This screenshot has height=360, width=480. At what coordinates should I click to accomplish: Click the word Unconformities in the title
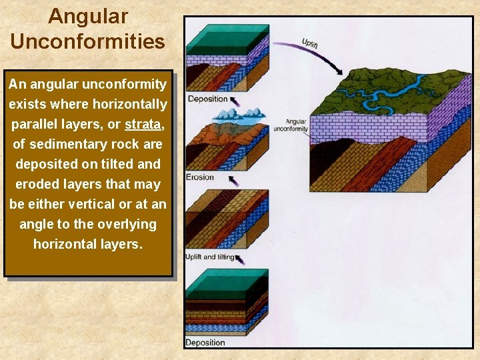[87, 41]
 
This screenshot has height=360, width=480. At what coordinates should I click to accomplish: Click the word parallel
[36, 125]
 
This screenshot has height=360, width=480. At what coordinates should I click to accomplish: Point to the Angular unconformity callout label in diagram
[296, 125]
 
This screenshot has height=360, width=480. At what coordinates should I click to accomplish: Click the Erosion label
[201, 177]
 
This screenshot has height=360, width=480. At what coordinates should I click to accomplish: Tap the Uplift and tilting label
[209, 257]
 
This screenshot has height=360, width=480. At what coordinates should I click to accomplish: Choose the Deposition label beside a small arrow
[207, 99]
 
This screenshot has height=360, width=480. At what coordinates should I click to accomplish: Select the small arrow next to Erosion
[233, 180]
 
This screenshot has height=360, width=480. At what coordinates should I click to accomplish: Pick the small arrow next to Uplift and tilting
[239, 259]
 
